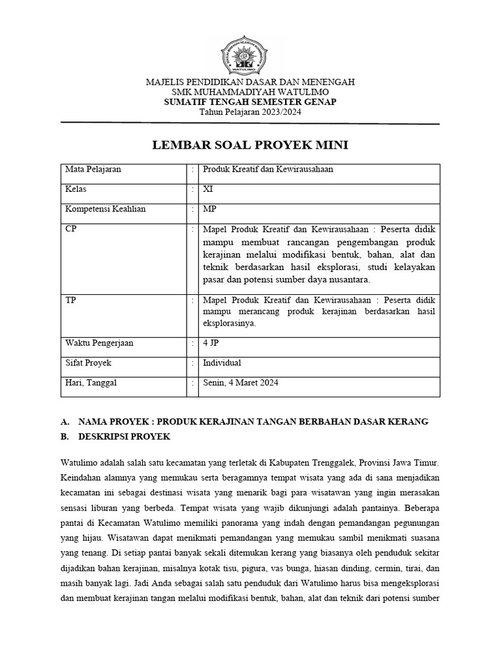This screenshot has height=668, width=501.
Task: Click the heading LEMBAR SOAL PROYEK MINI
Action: (x=250, y=145)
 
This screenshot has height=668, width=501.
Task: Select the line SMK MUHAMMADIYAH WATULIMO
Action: (x=250, y=93)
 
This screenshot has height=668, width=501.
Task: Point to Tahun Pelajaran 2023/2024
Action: (x=250, y=113)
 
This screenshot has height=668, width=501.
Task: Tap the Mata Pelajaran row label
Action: (x=93, y=170)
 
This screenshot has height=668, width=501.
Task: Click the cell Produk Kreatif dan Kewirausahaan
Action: (x=268, y=170)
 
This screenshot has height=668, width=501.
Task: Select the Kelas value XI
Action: (x=208, y=189)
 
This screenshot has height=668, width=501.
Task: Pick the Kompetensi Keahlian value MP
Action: (x=209, y=209)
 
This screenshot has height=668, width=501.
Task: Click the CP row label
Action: (x=71, y=229)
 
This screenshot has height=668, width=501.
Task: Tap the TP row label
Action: (x=70, y=300)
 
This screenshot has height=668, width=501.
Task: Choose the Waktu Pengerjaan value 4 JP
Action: (x=211, y=342)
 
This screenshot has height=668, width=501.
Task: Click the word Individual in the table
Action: (x=222, y=363)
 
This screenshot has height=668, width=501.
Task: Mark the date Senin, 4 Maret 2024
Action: (x=241, y=383)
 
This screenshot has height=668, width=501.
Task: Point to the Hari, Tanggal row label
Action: (x=91, y=383)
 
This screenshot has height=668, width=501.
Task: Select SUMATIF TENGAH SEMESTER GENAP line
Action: (x=250, y=103)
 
